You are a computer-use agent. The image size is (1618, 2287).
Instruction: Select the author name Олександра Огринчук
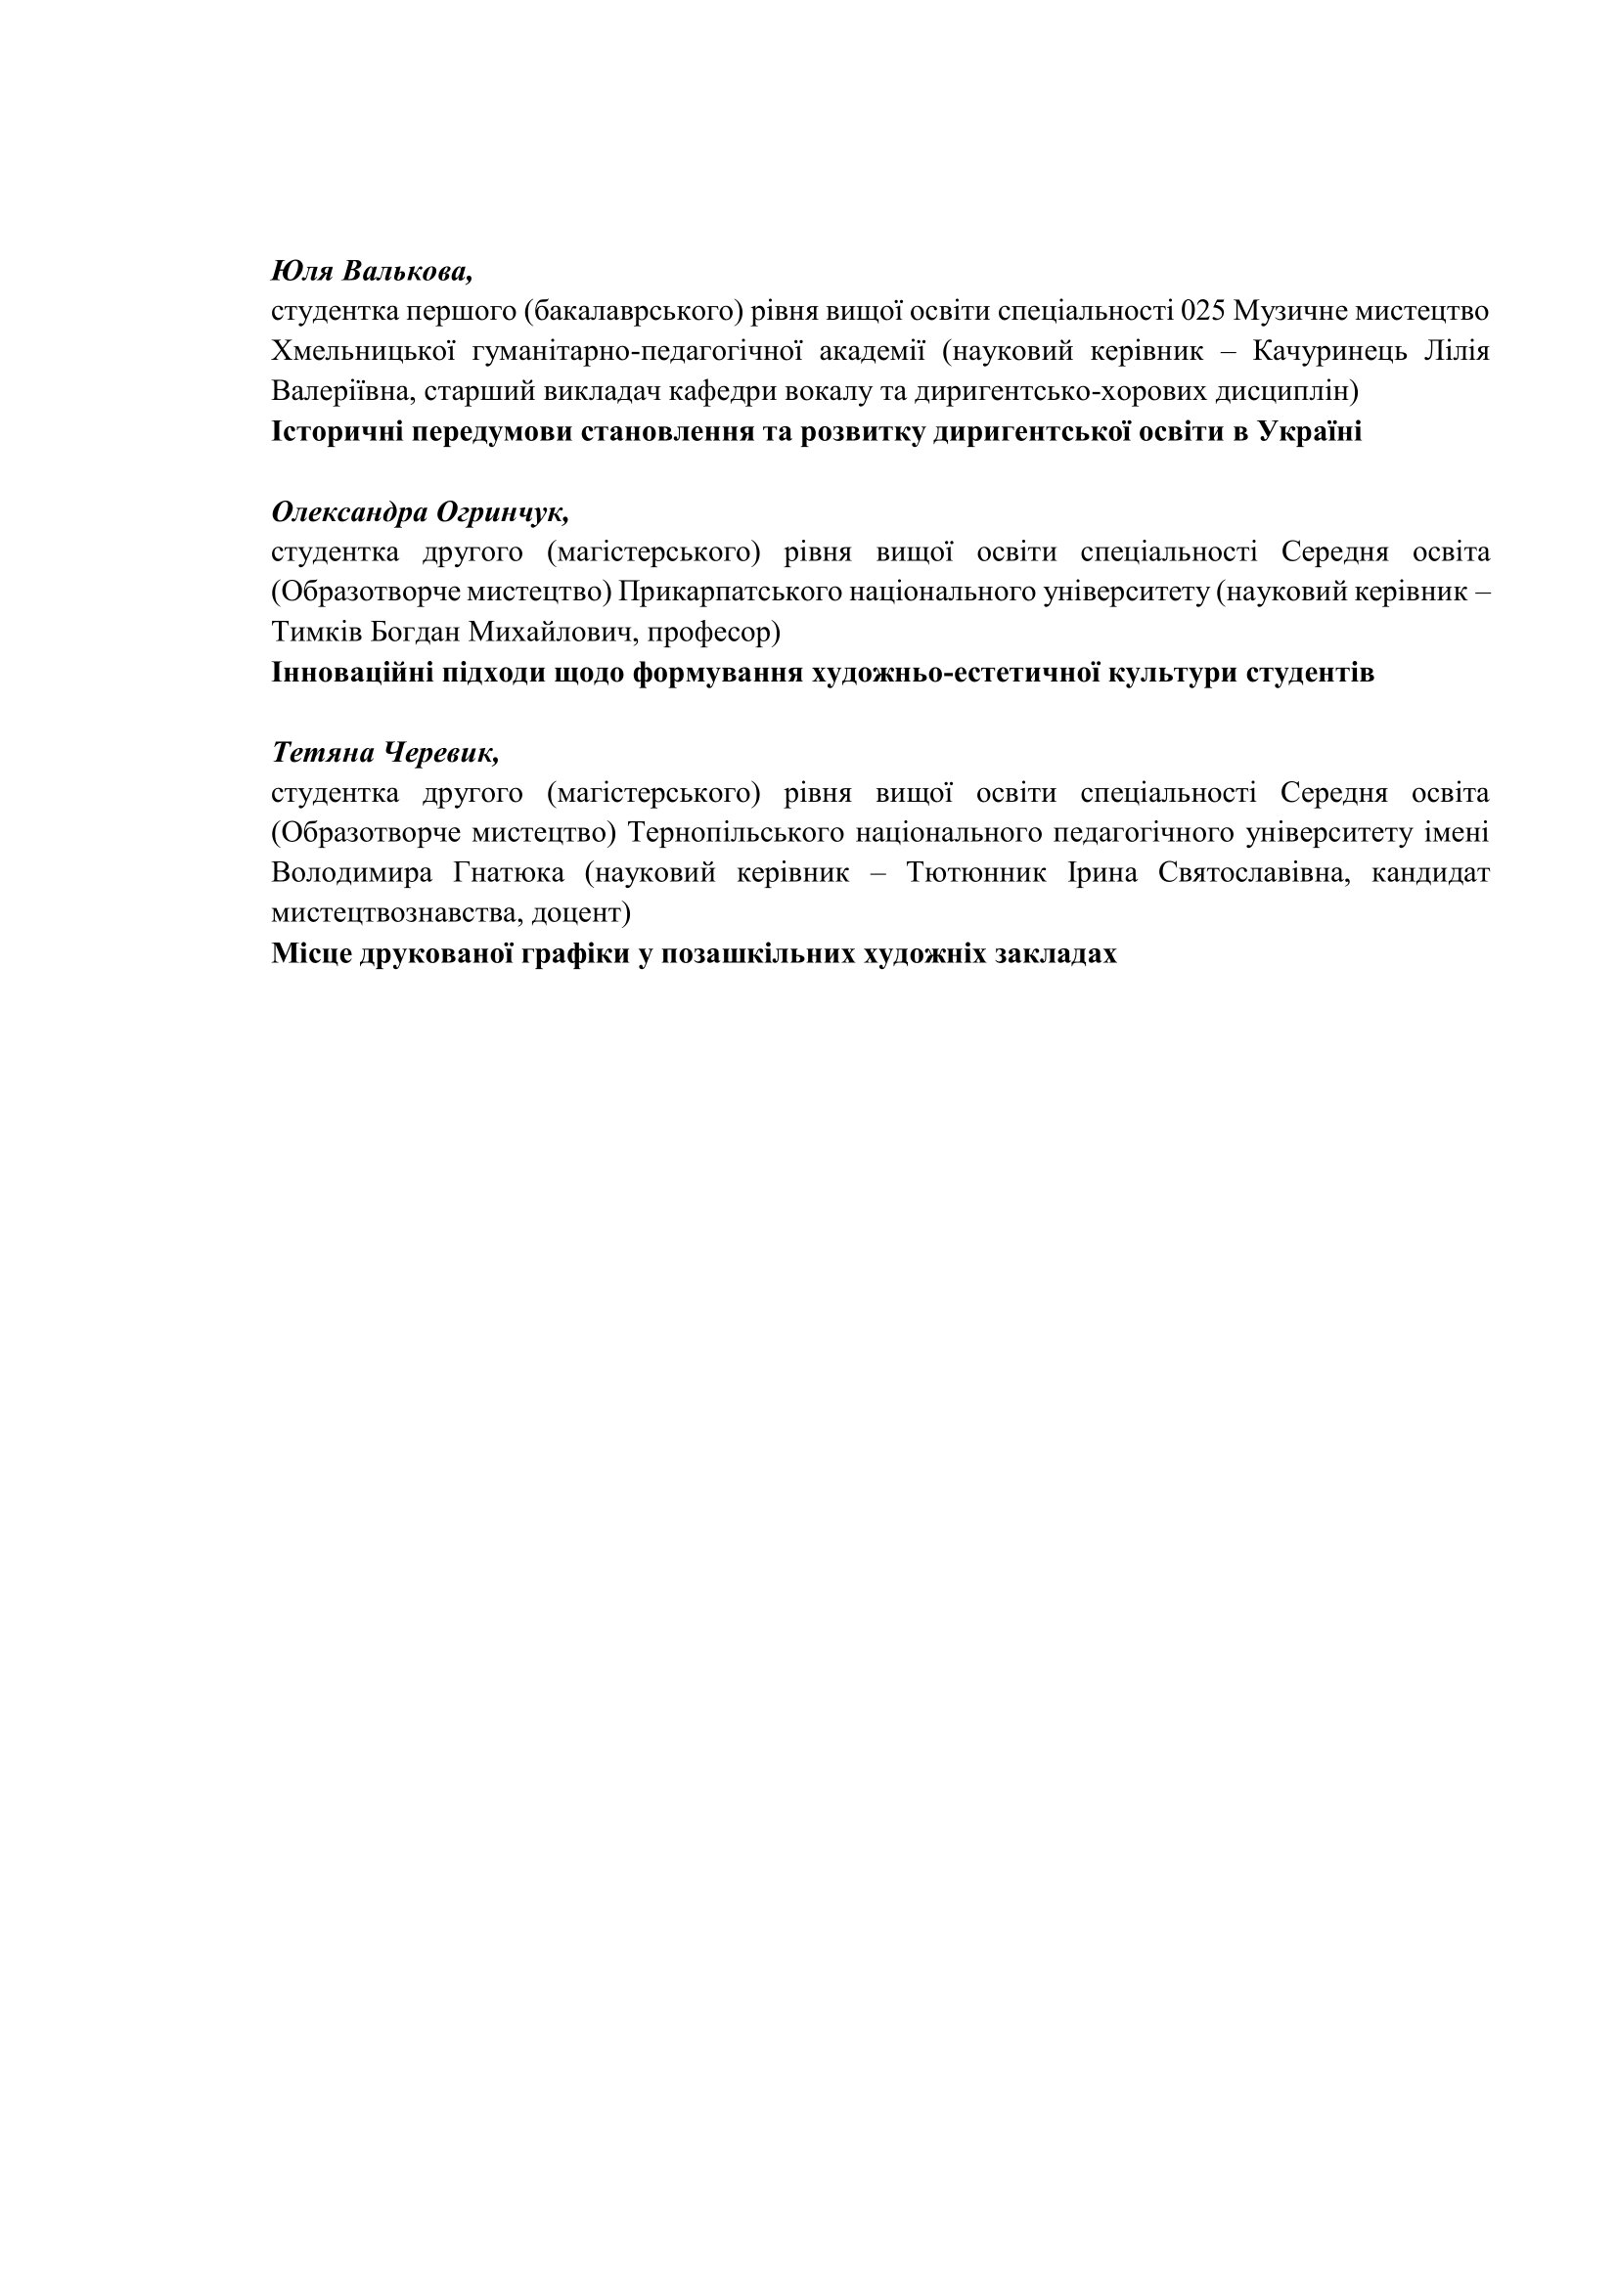[x=420, y=512]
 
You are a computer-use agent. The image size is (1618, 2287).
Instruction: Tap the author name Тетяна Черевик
[x=384, y=753]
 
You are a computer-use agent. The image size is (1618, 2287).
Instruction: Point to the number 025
[x=1201, y=312]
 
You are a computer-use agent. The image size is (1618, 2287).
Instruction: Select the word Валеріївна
[x=341, y=391]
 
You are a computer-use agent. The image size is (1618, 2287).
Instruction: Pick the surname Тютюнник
[x=975, y=873]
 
